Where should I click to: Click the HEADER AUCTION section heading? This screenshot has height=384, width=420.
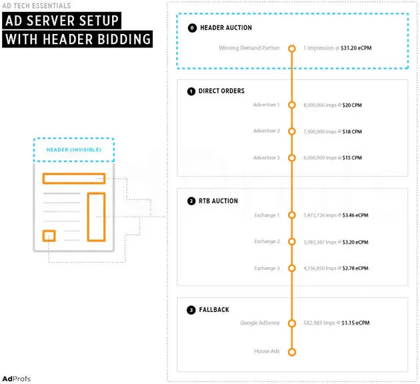click(x=226, y=27)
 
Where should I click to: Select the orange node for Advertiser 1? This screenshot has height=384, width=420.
click(x=291, y=105)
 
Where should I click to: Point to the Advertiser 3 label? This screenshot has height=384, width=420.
click(x=267, y=158)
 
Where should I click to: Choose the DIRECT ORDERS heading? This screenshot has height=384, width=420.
click(x=221, y=90)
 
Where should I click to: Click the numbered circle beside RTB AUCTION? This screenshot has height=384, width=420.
click(x=191, y=200)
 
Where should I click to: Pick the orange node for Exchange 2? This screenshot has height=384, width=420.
click(x=291, y=242)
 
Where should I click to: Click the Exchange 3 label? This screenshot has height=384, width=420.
click(x=267, y=268)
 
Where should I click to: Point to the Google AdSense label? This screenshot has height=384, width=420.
click(x=261, y=323)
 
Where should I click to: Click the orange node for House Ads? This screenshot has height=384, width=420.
click(x=291, y=351)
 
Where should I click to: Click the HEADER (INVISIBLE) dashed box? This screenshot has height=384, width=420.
click(x=73, y=150)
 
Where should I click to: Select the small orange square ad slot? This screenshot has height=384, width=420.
click(x=49, y=236)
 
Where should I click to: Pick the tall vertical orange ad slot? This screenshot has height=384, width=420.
click(x=96, y=216)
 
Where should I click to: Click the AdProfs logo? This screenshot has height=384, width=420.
click(x=16, y=379)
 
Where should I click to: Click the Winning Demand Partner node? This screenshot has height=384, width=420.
click(x=291, y=48)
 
